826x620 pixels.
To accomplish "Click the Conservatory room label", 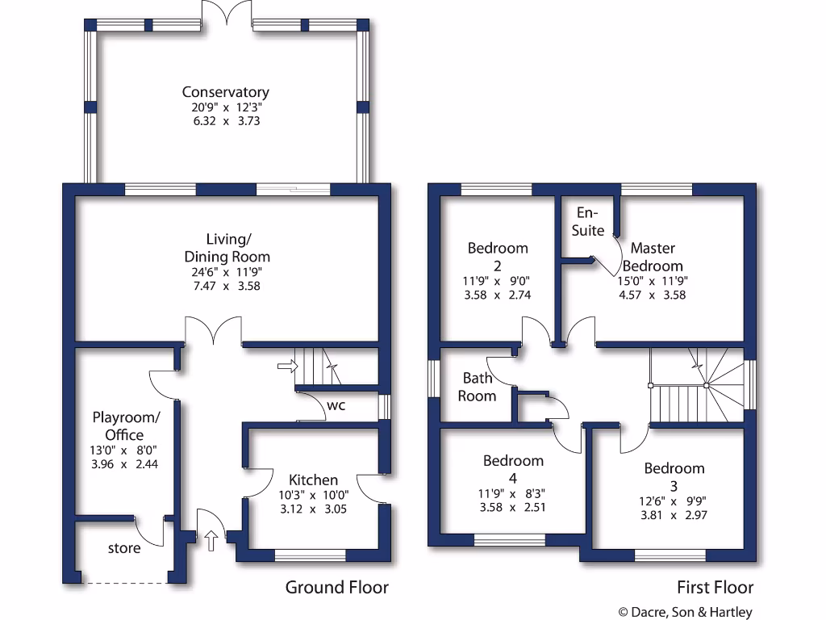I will pyautogui.click(x=225, y=92).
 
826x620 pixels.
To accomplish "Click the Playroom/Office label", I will pyautogui.click(x=126, y=425).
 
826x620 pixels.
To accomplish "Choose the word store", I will pyautogui.click(x=124, y=548).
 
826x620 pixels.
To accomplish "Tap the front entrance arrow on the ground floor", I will pyautogui.click(x=211, y=540).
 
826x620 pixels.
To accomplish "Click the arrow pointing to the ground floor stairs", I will pyautogui.click(x=286, y=367).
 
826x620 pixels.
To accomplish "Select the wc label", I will pyautogui.click(x=336, y=405).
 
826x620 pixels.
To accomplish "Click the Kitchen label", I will pyautogui.click(x=314, y=480).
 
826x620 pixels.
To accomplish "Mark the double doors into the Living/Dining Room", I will pyautogui.click(x=213, y=331).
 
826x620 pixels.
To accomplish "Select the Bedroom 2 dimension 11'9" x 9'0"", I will pyautogui.click(x=498, y=281).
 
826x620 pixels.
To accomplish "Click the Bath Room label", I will pyautogui.click(x=477, y=387).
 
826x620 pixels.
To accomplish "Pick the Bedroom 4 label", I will pyautogui.click(x=513, y=469).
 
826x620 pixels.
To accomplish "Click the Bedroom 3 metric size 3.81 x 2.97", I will pyautogui.click(x=674, y=514).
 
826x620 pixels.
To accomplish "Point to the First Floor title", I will pyautogui.click(x=714, y=588).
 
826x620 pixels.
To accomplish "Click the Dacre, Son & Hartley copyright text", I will pyautogui.click(x=685, y=612).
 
